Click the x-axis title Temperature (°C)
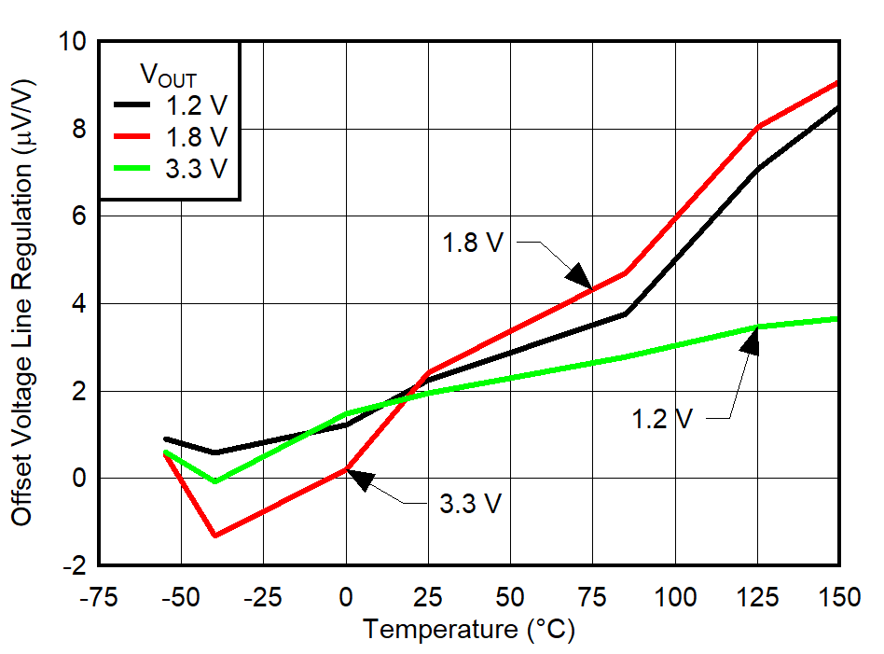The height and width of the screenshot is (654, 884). coord(469,630)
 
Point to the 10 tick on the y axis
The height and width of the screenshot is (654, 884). coord(75,42)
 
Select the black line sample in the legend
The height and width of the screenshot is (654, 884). coord(131,104)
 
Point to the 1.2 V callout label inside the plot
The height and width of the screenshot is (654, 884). coord(661,419)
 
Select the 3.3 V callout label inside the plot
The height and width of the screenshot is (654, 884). coord(471,504)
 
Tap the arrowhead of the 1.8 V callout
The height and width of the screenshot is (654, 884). coord(579,277)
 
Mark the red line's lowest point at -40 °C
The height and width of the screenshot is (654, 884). coord(215,536)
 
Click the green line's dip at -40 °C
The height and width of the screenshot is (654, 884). coord(215,481)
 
